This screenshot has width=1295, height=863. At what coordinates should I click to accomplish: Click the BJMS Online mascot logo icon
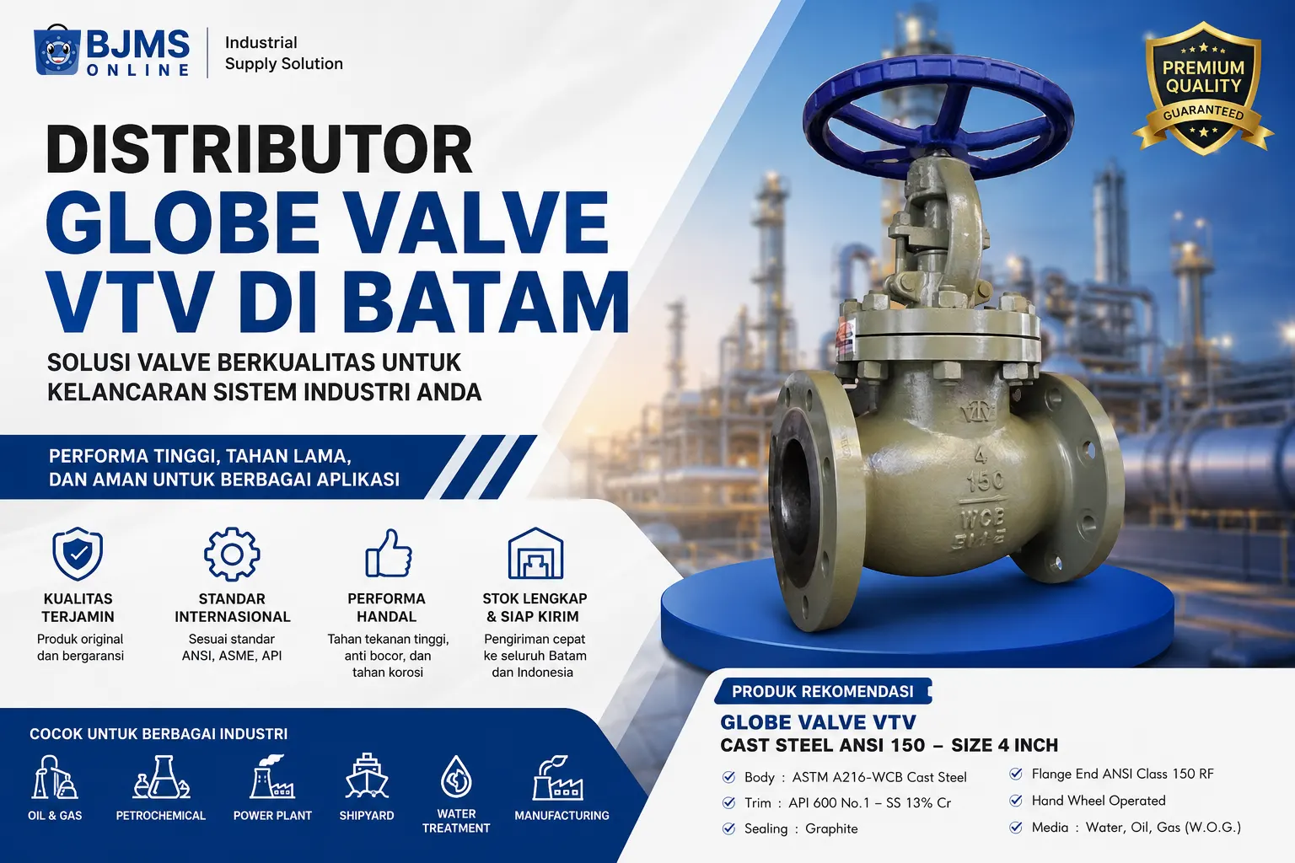[56, 51]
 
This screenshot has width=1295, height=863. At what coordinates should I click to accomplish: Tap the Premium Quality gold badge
[1203, 88]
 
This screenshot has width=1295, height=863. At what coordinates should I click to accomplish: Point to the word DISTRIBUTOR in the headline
[260, 148]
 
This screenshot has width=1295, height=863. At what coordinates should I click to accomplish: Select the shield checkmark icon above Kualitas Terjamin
[78, 553]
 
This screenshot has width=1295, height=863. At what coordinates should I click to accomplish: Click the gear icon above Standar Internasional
[232, 554]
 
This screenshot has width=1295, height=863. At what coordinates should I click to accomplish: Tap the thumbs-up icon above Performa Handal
[389, 553]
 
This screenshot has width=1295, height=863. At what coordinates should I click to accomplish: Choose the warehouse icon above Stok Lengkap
[535, 553]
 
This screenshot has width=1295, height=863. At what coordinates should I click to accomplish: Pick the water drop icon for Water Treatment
[456, 776]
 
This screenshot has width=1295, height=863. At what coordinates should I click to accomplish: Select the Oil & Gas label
[55, 816]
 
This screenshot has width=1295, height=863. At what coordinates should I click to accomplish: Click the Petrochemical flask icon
[161, 777]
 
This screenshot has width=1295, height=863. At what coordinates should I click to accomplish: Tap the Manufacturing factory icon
[558, 777]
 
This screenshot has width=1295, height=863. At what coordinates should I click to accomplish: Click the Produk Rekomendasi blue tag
[823, 691]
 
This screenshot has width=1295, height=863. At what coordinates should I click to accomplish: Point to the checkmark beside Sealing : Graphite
[729, 829]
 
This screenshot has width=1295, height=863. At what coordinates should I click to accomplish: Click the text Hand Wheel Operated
[1099, 801]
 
